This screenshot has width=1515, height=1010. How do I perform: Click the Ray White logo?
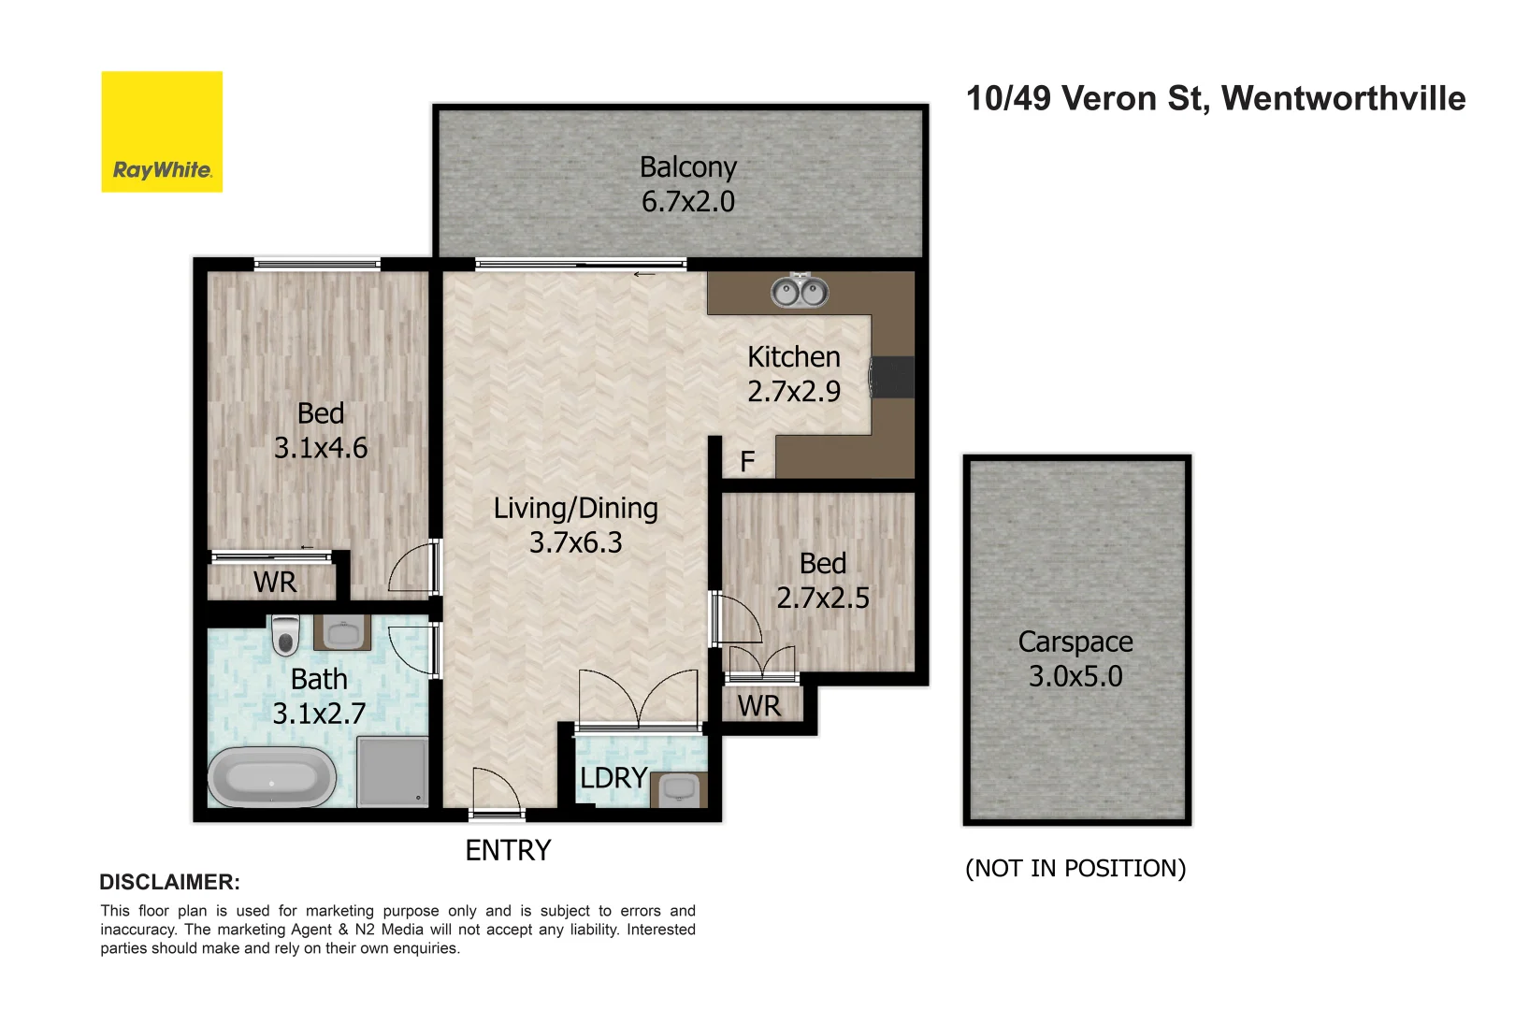162,132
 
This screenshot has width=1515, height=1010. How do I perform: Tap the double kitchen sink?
800,292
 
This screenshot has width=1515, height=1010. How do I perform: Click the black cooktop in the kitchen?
893,377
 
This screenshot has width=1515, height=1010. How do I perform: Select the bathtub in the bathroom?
271,777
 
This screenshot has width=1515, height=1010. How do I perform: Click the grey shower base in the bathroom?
393,771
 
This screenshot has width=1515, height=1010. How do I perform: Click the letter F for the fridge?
747,461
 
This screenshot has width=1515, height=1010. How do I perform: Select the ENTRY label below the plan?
508,850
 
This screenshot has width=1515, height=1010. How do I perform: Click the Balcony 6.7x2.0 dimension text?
688,201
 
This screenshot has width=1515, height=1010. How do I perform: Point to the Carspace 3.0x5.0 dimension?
1075,676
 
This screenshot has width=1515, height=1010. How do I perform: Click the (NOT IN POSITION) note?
1075,868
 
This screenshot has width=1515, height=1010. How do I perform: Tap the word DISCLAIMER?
169,882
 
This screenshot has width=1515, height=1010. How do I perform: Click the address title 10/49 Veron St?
1215,98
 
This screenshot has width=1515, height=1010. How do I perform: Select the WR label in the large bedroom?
275,582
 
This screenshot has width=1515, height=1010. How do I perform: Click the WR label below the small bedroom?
758,706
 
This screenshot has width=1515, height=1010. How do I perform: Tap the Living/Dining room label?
576,508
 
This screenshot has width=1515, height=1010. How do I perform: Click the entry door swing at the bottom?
496,790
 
